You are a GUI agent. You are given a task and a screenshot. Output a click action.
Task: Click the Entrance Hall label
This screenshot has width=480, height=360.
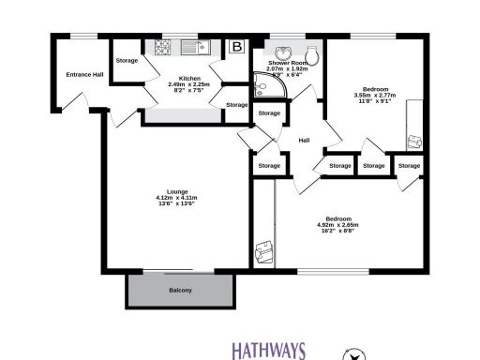coord(83,76)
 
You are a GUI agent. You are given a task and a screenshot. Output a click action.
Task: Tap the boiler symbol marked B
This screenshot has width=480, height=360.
coord(236,46)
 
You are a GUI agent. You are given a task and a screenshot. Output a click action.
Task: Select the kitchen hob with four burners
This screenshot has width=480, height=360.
coord(162,46)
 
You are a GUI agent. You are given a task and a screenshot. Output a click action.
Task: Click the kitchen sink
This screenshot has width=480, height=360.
coord(195,46)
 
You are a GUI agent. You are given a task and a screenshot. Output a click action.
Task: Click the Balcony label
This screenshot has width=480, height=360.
coord(180,291)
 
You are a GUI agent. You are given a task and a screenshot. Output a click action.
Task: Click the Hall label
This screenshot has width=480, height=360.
coord(304,141)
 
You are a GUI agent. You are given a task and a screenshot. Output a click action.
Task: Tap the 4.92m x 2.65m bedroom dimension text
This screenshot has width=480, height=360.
coord(337,225)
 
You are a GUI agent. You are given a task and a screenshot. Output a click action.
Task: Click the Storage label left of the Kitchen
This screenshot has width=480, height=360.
coord(127,61)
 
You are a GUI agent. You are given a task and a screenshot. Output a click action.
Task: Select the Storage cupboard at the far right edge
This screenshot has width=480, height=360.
coord(408,166)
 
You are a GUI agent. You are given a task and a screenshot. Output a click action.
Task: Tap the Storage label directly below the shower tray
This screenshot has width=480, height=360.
coord(269,113)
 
